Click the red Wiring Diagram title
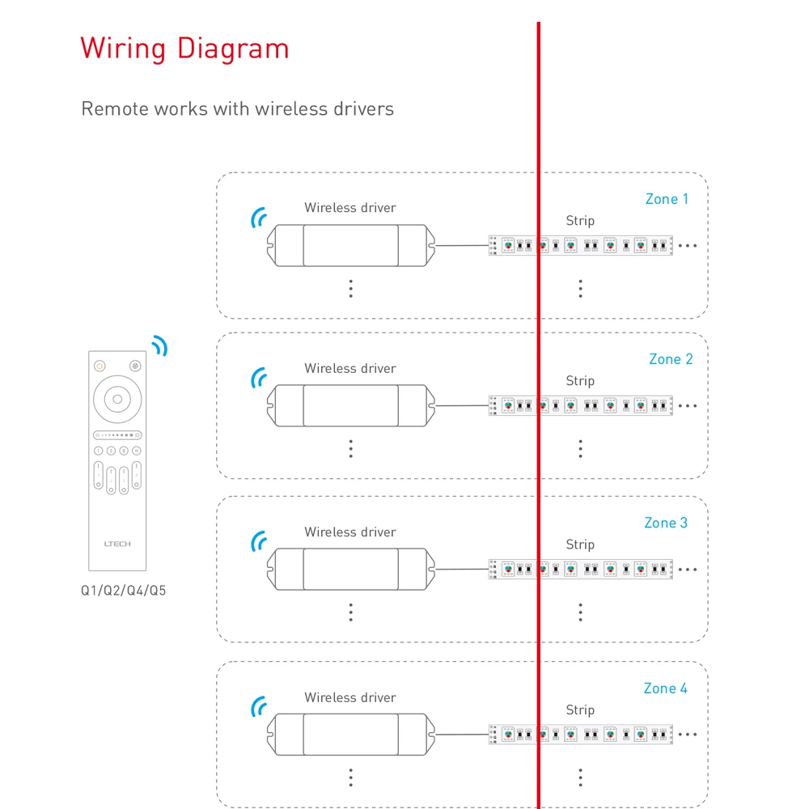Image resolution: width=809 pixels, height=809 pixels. click(x=184, y=49)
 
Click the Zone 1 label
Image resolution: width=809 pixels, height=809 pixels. click(x=667, y=199)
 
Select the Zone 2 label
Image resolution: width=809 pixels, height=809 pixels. click(x=671, y=359)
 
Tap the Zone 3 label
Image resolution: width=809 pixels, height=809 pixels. click(x=666, y=523)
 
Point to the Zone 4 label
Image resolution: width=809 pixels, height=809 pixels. click(x=665, y=688)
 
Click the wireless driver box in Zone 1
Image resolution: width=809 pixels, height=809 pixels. click(x=350, y=245)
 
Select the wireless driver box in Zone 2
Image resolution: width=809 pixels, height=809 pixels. click(x=350, y=405)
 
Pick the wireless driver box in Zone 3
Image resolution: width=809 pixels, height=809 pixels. click(x=350, y=570)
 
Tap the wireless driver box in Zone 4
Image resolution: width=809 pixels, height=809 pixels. click(x=350, y=735)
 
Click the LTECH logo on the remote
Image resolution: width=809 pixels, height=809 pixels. click(x=117, y=544)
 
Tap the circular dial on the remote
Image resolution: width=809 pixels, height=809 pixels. click(x=117, y=399)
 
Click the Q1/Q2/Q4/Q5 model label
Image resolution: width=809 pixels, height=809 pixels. click(x=123, y=591)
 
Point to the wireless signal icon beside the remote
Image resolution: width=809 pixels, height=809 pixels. click(x=159, y=346)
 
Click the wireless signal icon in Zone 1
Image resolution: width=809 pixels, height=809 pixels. click(x=258, y=217)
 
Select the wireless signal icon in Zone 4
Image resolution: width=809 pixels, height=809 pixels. click(x=258, y=707)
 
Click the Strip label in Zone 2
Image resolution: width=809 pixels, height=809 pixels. click(x=580, y=381)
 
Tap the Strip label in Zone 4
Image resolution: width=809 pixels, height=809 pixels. click(x=580, y=710)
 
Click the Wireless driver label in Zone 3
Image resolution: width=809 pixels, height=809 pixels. click(x=350, y=532)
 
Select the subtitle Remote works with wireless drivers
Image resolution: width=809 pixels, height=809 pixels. click(x=237, y=108)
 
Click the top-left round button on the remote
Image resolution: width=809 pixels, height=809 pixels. click(x=100, y=366)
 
